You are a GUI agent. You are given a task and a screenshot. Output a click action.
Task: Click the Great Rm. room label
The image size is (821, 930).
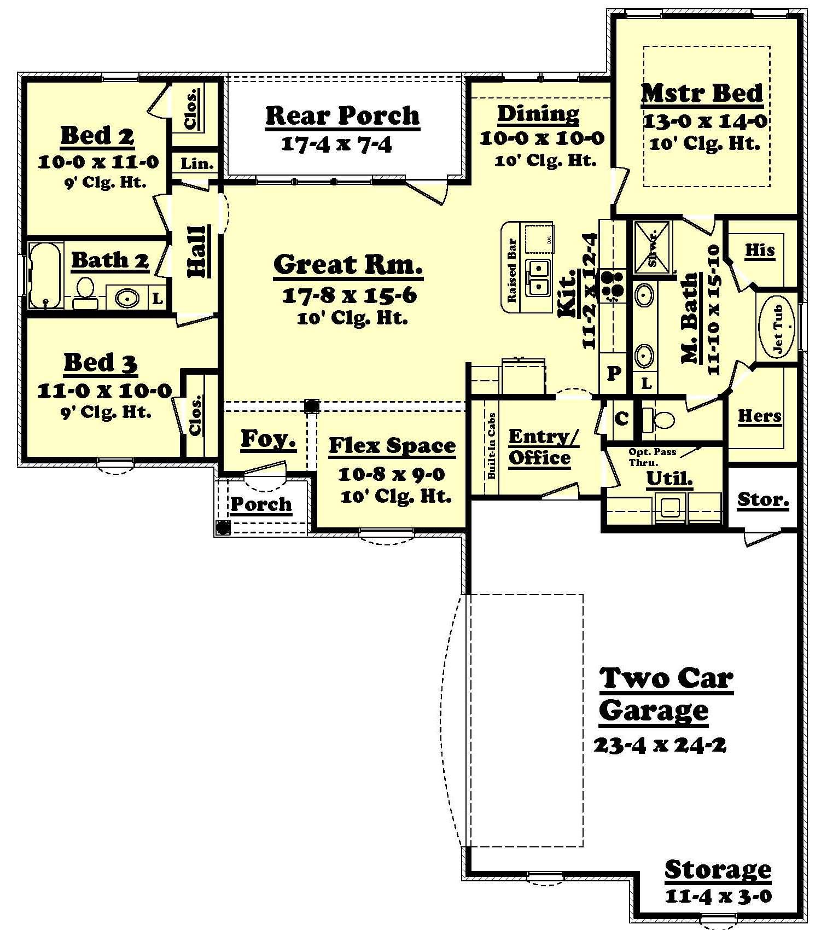348,264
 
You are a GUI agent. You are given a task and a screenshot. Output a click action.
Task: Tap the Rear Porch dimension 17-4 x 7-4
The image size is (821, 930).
336,144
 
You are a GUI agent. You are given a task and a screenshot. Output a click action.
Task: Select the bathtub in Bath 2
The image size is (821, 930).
45,275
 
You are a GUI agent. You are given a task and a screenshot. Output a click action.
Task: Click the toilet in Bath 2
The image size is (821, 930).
85,293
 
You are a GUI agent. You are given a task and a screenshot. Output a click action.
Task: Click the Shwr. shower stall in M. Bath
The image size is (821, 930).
651,247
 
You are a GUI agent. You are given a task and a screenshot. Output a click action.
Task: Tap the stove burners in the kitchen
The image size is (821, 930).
612,286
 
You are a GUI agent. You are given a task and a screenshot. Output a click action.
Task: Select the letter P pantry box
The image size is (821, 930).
614,373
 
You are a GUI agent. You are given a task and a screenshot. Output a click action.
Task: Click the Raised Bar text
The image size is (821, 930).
513,271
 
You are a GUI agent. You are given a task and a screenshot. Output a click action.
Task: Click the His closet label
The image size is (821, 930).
760,250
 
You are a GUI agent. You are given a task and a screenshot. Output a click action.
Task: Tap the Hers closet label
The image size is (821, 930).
759,416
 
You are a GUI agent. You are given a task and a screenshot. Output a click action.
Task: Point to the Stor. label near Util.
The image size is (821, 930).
762,499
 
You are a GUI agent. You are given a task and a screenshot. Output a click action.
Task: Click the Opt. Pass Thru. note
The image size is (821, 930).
652,456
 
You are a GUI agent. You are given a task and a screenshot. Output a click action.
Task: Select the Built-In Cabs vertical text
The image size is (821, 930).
491,446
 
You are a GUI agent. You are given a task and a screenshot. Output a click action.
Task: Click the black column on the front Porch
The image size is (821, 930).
223,527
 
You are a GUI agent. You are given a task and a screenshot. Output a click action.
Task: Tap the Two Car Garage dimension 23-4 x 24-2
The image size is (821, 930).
660,745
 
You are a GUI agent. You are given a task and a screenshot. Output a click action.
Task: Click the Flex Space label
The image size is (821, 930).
392,446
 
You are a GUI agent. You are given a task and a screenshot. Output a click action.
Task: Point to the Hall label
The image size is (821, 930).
197,252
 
